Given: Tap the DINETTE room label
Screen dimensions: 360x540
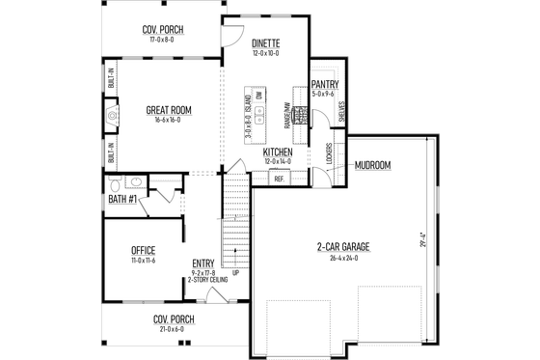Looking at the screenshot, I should pyautogui.click(x=265, y=43).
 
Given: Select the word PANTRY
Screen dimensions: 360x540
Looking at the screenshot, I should pyautogui.click(x=324, y=84).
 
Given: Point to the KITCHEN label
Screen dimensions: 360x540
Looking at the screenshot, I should pyautogui.click(x=278, y=152).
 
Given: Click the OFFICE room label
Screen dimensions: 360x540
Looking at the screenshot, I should pyautogui.click(x=143, y=250).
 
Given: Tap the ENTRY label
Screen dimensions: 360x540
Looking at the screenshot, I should pyautogui.click(x=202, y=263).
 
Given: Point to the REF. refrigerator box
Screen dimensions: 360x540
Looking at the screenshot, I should pyautogui.click(x=280, y=179).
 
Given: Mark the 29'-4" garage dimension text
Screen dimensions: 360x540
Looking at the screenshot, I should pyautogui.click(x=421, y=237).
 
